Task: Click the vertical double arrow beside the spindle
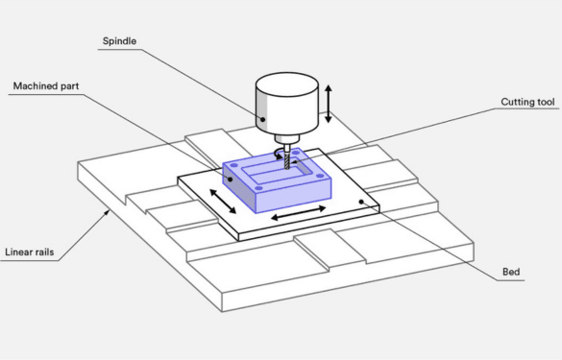(x=329, y=104)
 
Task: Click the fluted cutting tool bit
(x=284, y=165)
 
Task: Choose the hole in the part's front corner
(x=258, y=187)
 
